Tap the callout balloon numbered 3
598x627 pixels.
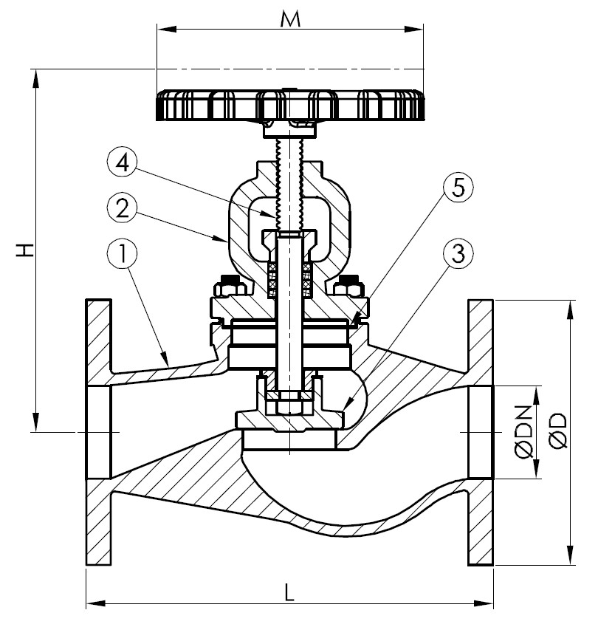[457, 256]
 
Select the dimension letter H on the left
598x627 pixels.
[25, 249]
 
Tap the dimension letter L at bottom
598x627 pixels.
[290, 591]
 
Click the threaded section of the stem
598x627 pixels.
[289, 185]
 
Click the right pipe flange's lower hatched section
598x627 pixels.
[481, 524]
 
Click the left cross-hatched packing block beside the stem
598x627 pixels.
[272, 277]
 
